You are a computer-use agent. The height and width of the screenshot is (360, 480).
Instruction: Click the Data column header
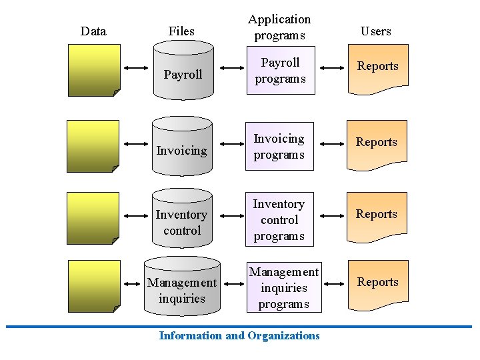coord(93,31)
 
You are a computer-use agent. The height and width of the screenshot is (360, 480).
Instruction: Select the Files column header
coord(181,31)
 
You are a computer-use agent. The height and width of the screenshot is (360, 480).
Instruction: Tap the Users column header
coord(376,31)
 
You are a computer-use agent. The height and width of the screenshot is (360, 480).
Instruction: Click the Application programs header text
coord(280,27)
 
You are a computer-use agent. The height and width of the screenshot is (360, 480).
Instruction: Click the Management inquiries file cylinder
coord(181,288)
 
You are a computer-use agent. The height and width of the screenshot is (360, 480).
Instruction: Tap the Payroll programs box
coord(280,71)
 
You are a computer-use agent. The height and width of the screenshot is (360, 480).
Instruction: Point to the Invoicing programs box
coord(279,147)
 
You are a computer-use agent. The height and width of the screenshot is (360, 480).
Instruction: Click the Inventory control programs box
coord(279,220)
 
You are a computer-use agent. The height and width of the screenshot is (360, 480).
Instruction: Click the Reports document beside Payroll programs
coord(377,67)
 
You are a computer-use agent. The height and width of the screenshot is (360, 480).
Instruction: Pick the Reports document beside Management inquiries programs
coord(377,284)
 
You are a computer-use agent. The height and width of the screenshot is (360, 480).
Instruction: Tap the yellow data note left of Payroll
coord(95,70)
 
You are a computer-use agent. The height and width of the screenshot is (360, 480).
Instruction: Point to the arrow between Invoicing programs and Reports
coord(334,143)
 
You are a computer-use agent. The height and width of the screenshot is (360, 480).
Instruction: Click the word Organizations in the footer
coord(283,335)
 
